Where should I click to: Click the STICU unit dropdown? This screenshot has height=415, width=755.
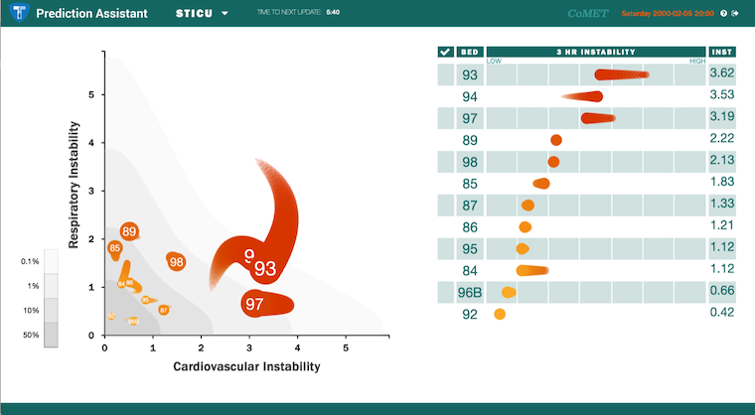202,14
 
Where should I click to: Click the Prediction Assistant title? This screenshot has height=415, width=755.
92,14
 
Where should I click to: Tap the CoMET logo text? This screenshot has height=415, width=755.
588,14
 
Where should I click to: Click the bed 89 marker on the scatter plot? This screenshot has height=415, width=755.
129,231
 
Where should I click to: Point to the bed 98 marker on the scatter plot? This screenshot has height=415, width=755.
176,262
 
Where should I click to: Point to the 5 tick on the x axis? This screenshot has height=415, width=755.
346,348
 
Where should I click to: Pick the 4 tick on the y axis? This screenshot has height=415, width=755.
91,143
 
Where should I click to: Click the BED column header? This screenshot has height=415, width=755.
470,52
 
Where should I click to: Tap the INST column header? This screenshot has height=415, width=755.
721,52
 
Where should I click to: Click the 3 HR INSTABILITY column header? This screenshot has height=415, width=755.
594,52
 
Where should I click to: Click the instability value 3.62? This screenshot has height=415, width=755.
721,74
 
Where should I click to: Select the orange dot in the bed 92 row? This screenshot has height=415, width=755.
500,315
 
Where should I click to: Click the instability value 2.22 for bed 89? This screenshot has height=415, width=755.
721,140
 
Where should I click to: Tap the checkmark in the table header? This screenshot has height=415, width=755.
445,52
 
